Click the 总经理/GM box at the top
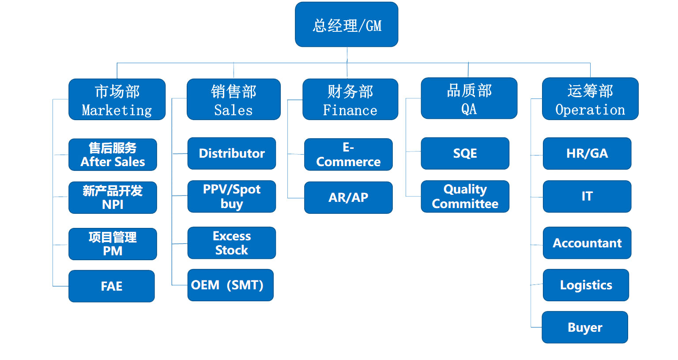[x=347, y=25]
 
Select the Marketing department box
[x=117, y=99]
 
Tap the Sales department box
[x=234, y=99]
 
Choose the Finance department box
[x=350, y=99]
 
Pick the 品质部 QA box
[x=469, y=99]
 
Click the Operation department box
[x=590, y=99]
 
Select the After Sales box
[x=113, y=155]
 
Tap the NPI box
[x=113, y=198]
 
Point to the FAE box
[x=112, y=286]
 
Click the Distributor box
[x=232, y=154]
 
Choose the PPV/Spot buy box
[x=232, y=197]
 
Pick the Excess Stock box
[x=232, y=243]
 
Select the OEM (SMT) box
[x=230, y=285]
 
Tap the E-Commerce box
[x=348, y=155]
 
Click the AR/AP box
[x=348, y=198]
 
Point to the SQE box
[x=465, y=154]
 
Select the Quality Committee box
[x=465, y=197]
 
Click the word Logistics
[x=586, y=285]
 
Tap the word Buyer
[x=585, y=328]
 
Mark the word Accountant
[x=587, y=243]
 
